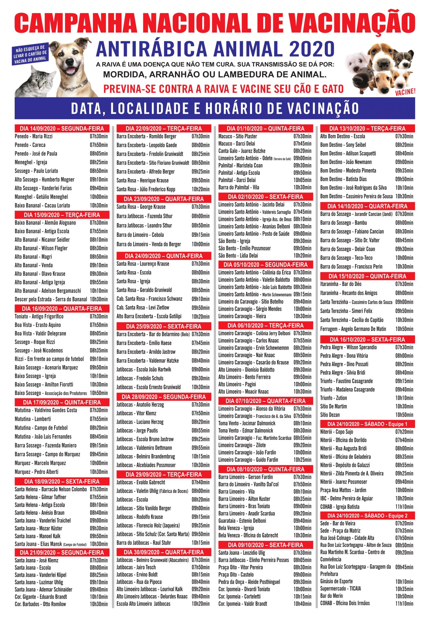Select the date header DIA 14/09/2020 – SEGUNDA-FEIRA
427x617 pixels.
click(x=62, y=128)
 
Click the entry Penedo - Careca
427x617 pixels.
click(x=30, y=145)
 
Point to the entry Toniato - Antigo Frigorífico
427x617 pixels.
click(x=39, y=316)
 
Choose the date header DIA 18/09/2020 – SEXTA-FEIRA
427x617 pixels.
click(x=62, y=482)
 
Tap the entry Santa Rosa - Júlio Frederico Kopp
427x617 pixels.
click(x=146, y=189)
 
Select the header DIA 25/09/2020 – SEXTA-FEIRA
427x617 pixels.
click(x=164, y=326)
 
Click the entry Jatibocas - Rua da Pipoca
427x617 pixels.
click(x=139, y=582)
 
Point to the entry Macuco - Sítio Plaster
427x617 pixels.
click(x=238, y=136)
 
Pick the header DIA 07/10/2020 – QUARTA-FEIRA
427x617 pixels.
click(x=265, y=401)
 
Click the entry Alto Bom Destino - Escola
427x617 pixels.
click(x=342, y=136)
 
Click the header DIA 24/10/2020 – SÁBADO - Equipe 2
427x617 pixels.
click(x=367, y=516)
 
